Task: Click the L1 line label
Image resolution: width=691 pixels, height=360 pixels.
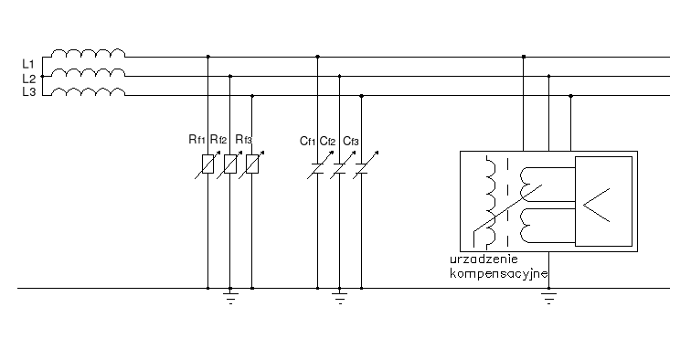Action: click(x=27, y=63)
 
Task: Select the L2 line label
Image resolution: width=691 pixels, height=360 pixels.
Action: click(x=27, y=79)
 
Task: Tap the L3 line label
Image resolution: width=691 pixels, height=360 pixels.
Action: click(x=27, y=93)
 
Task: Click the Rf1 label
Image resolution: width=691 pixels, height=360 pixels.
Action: click(x=197, y=140)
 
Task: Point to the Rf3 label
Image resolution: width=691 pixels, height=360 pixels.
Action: click(x=243, y=140)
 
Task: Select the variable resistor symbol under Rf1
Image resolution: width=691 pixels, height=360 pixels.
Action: click(x=208, y=164)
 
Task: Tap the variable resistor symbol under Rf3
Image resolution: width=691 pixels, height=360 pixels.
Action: click(x=252, y=164)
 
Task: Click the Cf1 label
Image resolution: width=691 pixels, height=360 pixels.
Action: click(x=307, y=140)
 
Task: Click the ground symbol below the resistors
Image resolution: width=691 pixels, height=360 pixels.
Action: click(x=230, y=296)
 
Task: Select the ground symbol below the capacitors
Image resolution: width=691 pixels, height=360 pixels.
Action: click(x=340, y=296)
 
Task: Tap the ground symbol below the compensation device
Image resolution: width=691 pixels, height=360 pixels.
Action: click(x=548, y=296)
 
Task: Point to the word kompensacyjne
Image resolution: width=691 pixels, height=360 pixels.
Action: click(x=499, y=273)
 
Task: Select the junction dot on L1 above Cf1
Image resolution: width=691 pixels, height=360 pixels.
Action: click(x=318, y=57)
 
